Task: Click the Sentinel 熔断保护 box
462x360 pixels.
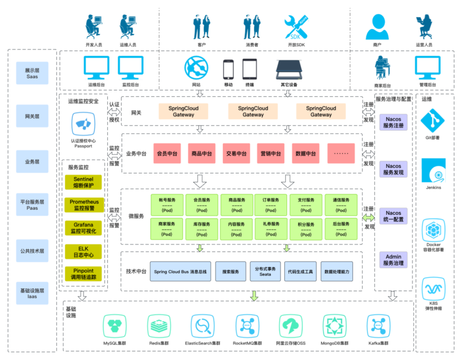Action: pyautogui.click(x=84, y=182)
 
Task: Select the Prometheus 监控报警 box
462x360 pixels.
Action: pyautogui.click(x=84, y=205)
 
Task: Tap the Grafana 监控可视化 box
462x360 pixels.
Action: pyautogui.click(x=84, y=228)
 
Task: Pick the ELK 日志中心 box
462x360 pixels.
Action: pyautogui.click(x=84, y=252)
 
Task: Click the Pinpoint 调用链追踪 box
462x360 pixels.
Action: pyautogui.click(x=84, y=274)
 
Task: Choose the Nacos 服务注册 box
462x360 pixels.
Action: pyautogui.click(x=393, y=122)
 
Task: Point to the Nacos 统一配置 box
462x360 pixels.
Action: pyautogui.click(x=393, y=216)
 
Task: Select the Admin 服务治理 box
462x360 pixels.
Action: pyautogui.click(x=393, y=260)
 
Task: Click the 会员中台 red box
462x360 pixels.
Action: pyautogui.click(x=167, y=154)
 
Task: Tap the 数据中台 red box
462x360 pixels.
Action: pyautogui.click(x=305, y=154)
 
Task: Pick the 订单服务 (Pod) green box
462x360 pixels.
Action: pyautogui.click(x=271, y=205)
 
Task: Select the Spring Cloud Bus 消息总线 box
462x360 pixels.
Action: pyautogui.click(x=180, y=271)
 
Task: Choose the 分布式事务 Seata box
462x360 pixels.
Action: pyautogui.click(x=265, y=271)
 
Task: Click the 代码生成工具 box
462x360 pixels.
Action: pyautogui.click(x=300, y=271)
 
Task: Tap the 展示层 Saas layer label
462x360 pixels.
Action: pyautogui.click(x=32, y=73)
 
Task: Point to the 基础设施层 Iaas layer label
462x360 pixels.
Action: pyautogui.click(x=32, y=292)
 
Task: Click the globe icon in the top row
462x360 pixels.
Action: pyautogui.click(x=196, y=68)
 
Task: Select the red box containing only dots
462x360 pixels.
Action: pyautogui.click(x=341, y=154)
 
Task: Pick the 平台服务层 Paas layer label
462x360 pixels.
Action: pyautogui.click(x=32, y=205)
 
